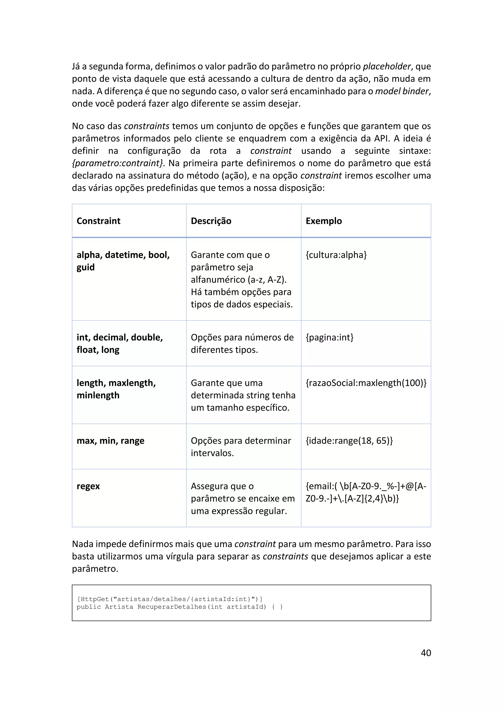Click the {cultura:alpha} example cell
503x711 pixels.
[x=336, y=255]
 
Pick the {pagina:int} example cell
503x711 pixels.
[x=329, y=337]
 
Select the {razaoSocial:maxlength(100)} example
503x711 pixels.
[x=366, y=383]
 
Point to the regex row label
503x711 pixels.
[x=88, y=486]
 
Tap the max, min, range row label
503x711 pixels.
[x=110, y=440]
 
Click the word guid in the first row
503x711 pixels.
[x=85, y=267]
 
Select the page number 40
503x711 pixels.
[x=426, y=653]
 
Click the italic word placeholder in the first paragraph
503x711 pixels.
[x=387, y=66]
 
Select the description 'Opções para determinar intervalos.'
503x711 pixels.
[x=241, y=447]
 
